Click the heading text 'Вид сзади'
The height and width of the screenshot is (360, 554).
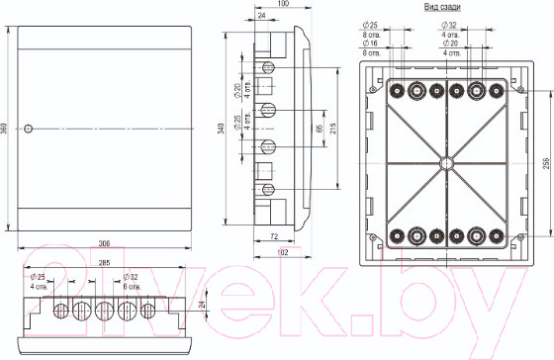[441, 7]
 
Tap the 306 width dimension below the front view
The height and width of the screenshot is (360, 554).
[105, 243]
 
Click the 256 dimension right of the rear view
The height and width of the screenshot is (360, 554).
[546, 162]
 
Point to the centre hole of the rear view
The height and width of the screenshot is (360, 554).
[445, 161]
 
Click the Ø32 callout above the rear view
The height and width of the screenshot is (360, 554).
[477, 24]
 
